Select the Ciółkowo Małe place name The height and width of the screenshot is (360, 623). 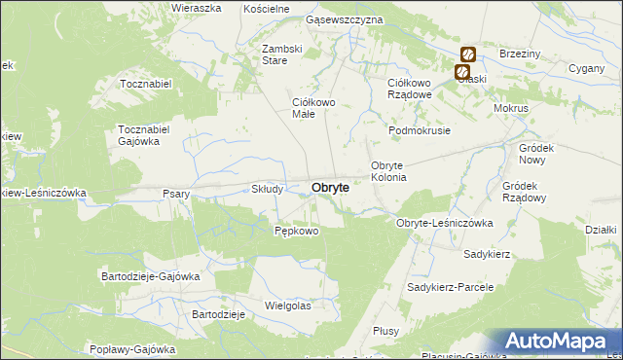click(x=314, y=108)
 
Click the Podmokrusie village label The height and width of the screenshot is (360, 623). click(x=420, y=130)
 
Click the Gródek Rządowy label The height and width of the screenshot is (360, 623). click(x=525, y=191)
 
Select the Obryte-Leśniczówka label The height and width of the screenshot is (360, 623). click(x=445, y=223)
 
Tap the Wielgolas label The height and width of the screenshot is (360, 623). click(x=287, y=306)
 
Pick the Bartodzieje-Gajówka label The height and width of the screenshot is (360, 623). click(x=151, y=276)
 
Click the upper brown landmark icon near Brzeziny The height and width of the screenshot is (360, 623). click(x=468, y=54)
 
